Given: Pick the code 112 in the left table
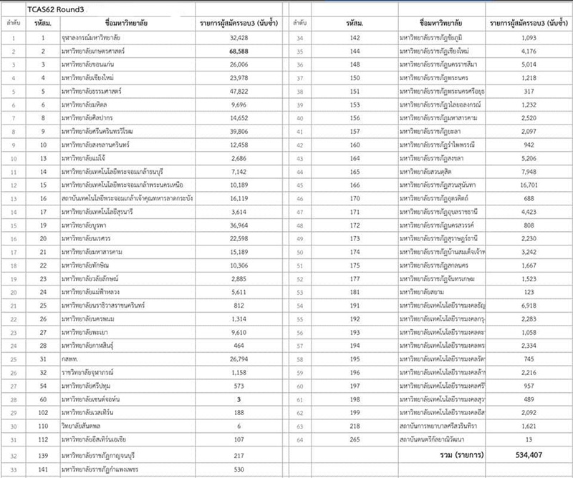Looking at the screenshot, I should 43,438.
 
